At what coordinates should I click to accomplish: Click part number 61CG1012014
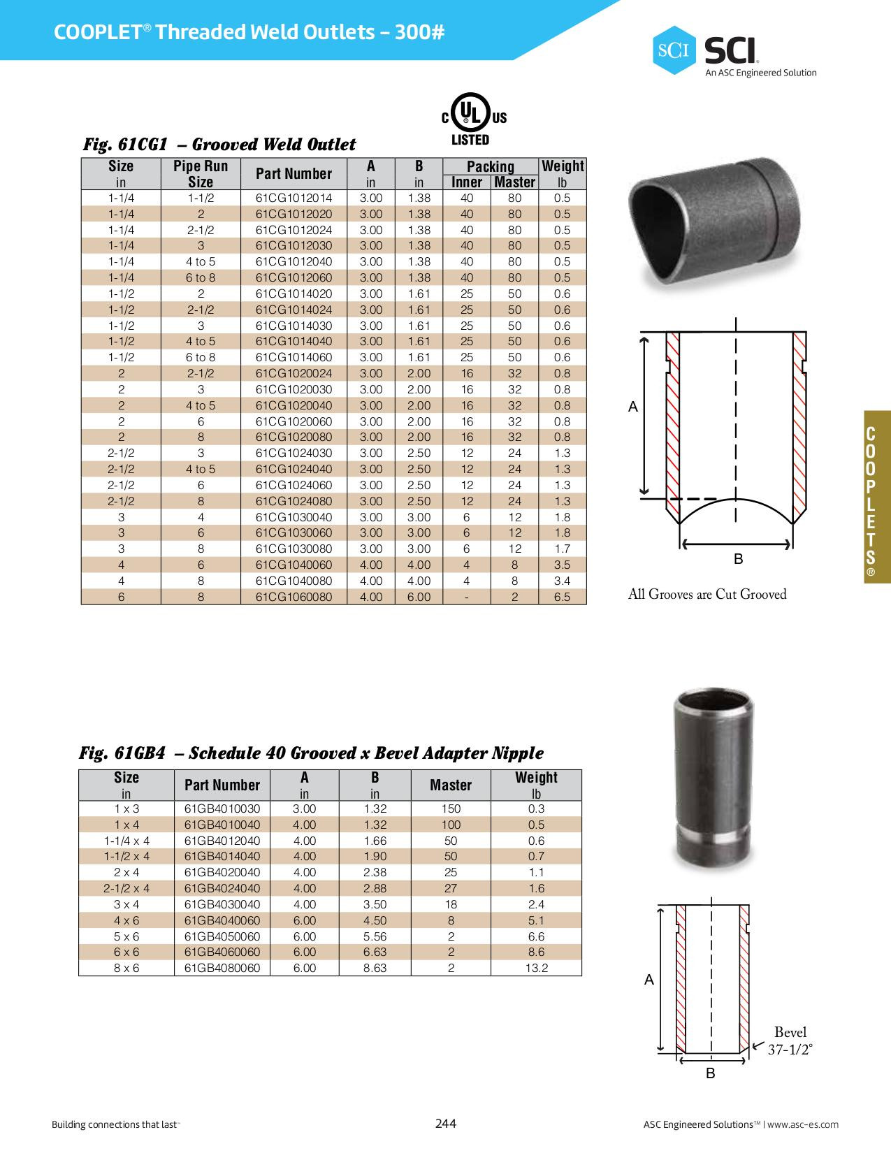[294, 198]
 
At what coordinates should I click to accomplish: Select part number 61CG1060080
[294, 597]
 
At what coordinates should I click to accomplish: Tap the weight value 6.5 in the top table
[562, 597]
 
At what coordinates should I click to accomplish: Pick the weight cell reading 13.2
[536, 968]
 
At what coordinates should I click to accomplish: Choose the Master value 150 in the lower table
[451, 808]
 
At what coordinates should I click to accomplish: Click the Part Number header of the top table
[294, 173]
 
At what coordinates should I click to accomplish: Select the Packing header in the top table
[490, 166]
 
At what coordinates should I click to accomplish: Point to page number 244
[445, 1124]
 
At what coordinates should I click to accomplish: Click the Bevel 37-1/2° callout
[790, 1040]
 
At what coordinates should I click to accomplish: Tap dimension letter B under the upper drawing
[738, 559]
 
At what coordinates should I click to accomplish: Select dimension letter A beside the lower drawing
[649, 980]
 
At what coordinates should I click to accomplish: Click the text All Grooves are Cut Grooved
[707, 595]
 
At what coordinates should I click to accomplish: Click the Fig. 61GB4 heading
[311, 753]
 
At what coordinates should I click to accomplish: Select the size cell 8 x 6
[126, 968]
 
